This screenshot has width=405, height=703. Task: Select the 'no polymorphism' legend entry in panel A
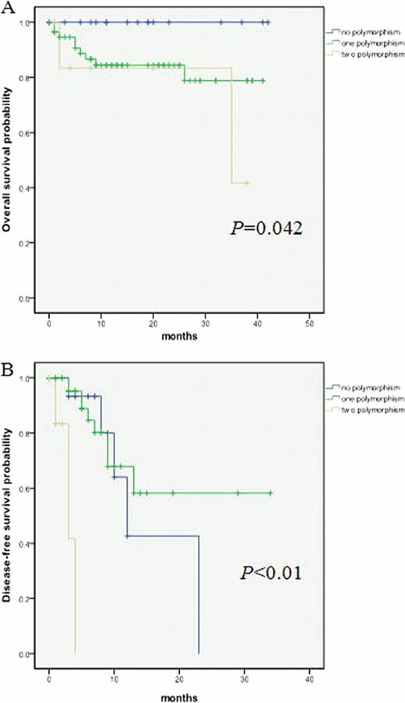[361, 32]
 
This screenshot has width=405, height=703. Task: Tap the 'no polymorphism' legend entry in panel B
[361, 387]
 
